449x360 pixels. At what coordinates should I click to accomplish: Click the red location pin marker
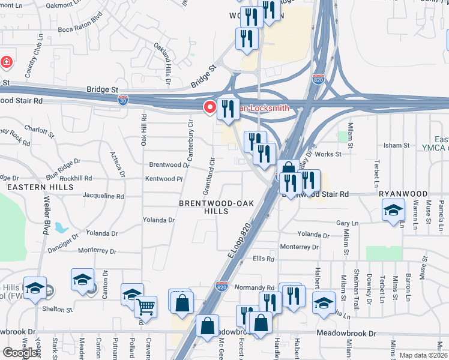pos(210,107)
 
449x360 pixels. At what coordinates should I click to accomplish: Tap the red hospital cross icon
pos(6,61)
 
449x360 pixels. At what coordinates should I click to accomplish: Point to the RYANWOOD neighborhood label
pos(403,194)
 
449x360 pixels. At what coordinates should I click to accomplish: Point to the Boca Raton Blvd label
pos(80,29)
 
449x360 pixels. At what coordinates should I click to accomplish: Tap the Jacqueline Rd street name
pos(103,196)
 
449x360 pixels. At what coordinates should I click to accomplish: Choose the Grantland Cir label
pos(209,176)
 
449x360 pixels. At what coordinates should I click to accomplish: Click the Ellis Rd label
pos(264,259)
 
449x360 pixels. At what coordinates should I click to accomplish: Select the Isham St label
pos(396,145)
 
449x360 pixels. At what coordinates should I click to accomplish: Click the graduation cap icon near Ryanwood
pos(393,211)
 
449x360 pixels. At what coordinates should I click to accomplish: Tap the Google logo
pos(20,352)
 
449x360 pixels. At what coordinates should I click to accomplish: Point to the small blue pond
pos(61,228)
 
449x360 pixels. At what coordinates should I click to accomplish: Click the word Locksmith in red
pos(265,108)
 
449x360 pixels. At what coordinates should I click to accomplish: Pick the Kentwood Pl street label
pos(163,179)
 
